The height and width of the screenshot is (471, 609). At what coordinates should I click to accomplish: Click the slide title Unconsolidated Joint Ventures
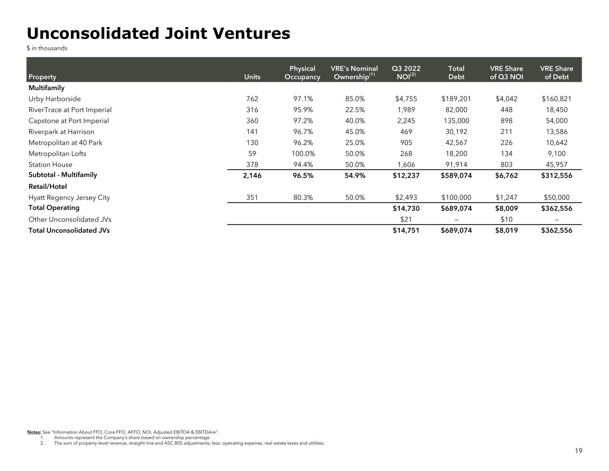pos(158,33)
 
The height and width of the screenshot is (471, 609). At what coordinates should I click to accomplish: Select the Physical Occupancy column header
pos(302,73)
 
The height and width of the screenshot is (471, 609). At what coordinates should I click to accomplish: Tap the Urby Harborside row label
pos(54,99)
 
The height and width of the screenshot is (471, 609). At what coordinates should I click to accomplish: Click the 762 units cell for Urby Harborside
pos(252,99)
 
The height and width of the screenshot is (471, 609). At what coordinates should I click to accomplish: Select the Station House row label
pos(50,164)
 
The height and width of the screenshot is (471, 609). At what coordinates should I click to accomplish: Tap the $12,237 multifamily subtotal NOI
pos(406,175)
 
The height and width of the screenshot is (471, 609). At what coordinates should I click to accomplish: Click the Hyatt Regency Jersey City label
pos(69,197)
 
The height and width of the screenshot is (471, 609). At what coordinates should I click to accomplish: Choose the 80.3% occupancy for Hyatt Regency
pos(302,197)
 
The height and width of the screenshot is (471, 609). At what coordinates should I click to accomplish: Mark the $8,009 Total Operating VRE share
pos(506,208)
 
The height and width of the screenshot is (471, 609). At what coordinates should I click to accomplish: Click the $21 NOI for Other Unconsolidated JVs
pos(406,219)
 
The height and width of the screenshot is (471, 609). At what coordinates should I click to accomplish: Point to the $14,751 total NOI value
pos(406,230)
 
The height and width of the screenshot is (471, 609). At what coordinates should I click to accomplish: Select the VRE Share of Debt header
pos(556,73)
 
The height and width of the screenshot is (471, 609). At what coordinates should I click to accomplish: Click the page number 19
pos(578,451)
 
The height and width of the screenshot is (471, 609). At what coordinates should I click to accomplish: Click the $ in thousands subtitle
pos(47,48)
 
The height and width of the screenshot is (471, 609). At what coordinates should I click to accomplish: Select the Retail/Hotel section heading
pos(47,186)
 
